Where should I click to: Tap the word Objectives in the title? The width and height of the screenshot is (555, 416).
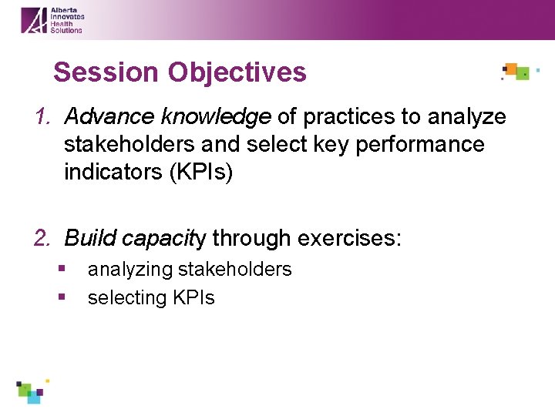(237, 72)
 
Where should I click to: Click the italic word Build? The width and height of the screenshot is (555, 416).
(87, 239)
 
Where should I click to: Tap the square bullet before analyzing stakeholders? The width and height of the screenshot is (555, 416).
(62, 269)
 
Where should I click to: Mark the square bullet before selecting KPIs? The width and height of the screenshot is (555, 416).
(62, 297)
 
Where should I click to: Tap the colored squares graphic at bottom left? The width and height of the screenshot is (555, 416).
(32, 391)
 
